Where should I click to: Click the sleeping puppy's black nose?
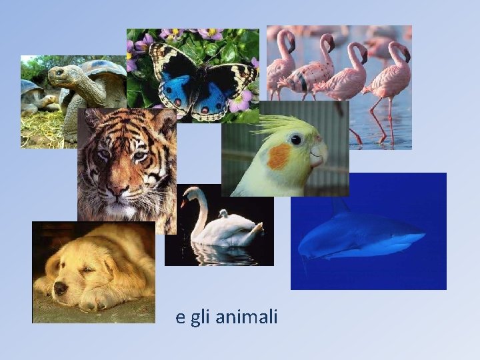(x=60, y=288)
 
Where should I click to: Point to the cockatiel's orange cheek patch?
(x=279, y=156)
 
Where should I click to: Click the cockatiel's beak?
(x=319, y=155)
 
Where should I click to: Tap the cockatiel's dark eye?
(x=295, y=139)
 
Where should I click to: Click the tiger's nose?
(x=119, y=190)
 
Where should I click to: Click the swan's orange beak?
(x=183, y=202)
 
